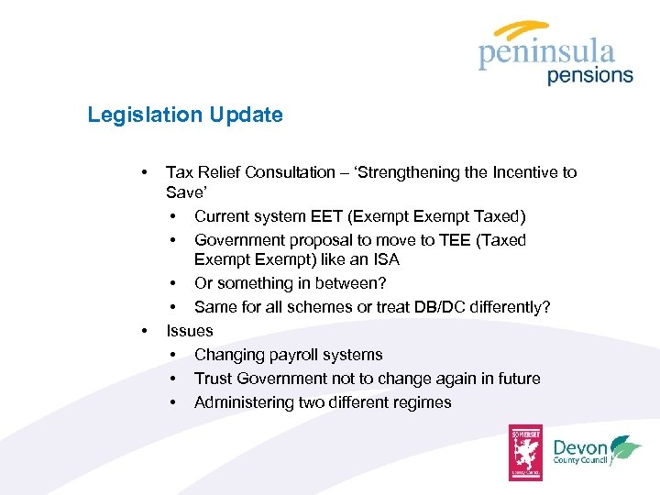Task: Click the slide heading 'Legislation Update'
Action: [185, 115]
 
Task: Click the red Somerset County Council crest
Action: [526, 452]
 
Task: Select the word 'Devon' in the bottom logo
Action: [579, 447]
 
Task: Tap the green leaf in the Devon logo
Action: [626, 449]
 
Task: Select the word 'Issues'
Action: [189, 331]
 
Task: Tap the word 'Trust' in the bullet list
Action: [214, 379]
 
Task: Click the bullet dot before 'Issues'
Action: [143, 331]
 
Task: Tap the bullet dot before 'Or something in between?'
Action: [172, 283]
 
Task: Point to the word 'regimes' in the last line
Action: [422, 402]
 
